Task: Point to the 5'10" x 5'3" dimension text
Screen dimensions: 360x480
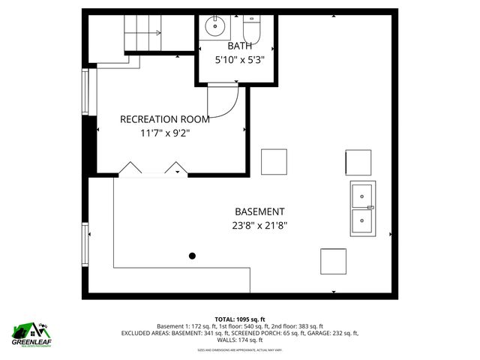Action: pyautogui.click(x=240, y=60)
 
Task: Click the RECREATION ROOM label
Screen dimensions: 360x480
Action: pyautogui.click(x=164, y=118)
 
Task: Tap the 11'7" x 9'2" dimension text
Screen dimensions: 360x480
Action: pyautogui.click(x=164, y=133)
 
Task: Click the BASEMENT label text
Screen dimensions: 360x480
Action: pyautogui.click(x=259, y=211)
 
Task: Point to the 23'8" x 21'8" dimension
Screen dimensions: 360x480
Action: pyautogui.click(x=259, y=225)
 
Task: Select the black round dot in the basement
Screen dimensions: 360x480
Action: pyautogui.click(x=192, y=256)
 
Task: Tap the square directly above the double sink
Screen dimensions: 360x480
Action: pyautogui.click(x=358, y=162)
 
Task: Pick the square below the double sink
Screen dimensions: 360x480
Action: pyautogui.click(x=333, y=261)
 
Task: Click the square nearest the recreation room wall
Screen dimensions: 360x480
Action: pyautogui.click(x=274, y=161)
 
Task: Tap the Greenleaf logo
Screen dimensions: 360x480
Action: pyautogui.click(x=31, y=333)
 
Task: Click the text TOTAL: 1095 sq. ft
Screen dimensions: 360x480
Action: pyautogui.click(x=240, y=319)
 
